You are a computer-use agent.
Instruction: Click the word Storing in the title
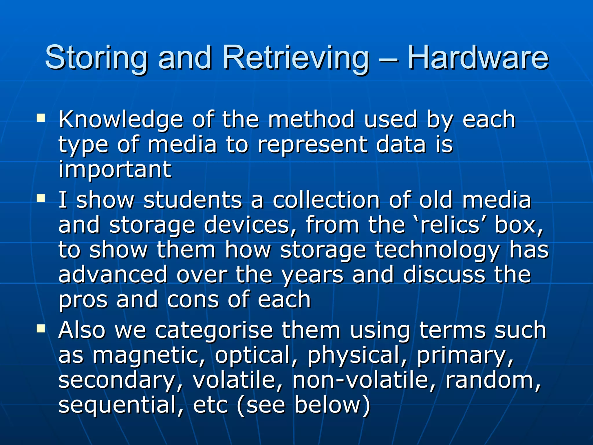(x=96, y=58)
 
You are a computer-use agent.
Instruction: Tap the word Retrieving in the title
(x=296, y=58)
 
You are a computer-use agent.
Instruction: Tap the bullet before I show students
(x=41, y=198)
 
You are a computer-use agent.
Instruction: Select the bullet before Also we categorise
(x=41, y=328)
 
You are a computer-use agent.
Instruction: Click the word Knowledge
(x=121, y=120)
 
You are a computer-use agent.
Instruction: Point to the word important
(x=115, y=169)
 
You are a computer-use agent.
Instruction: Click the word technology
(x=438, y=250)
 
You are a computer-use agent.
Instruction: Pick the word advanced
(x=113, y=275)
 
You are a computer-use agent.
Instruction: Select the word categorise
(x=214, y=330)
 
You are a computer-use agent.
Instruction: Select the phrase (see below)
(x=303, y=405)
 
